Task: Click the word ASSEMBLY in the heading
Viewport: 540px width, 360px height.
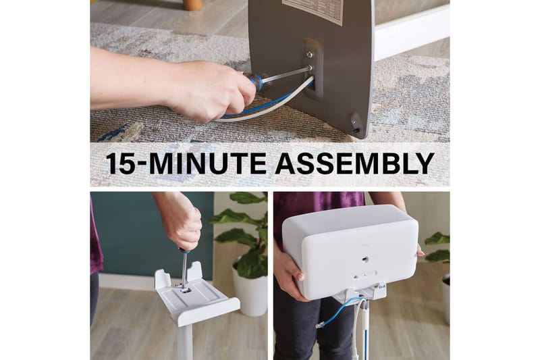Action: pyautogui.click(x=354, y=163)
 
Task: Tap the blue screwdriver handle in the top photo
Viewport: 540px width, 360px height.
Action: pyautogui.click(x=256, y=83)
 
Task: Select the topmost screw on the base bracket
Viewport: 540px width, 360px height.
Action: pyautogui.click(x=309, y=54)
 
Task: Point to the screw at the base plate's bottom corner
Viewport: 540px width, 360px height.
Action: pyautogui.click(x=353, y=122)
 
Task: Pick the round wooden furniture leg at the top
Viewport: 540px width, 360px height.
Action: pyautogui.click(x=192, y=5)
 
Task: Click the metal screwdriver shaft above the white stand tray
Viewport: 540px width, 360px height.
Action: pyautogui.click(x=184, y=270)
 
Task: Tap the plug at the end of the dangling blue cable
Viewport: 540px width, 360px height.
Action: pyautogui.click(x=320, y=325)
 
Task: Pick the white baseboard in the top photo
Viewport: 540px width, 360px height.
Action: pyautogui.click(x=412, y=32)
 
